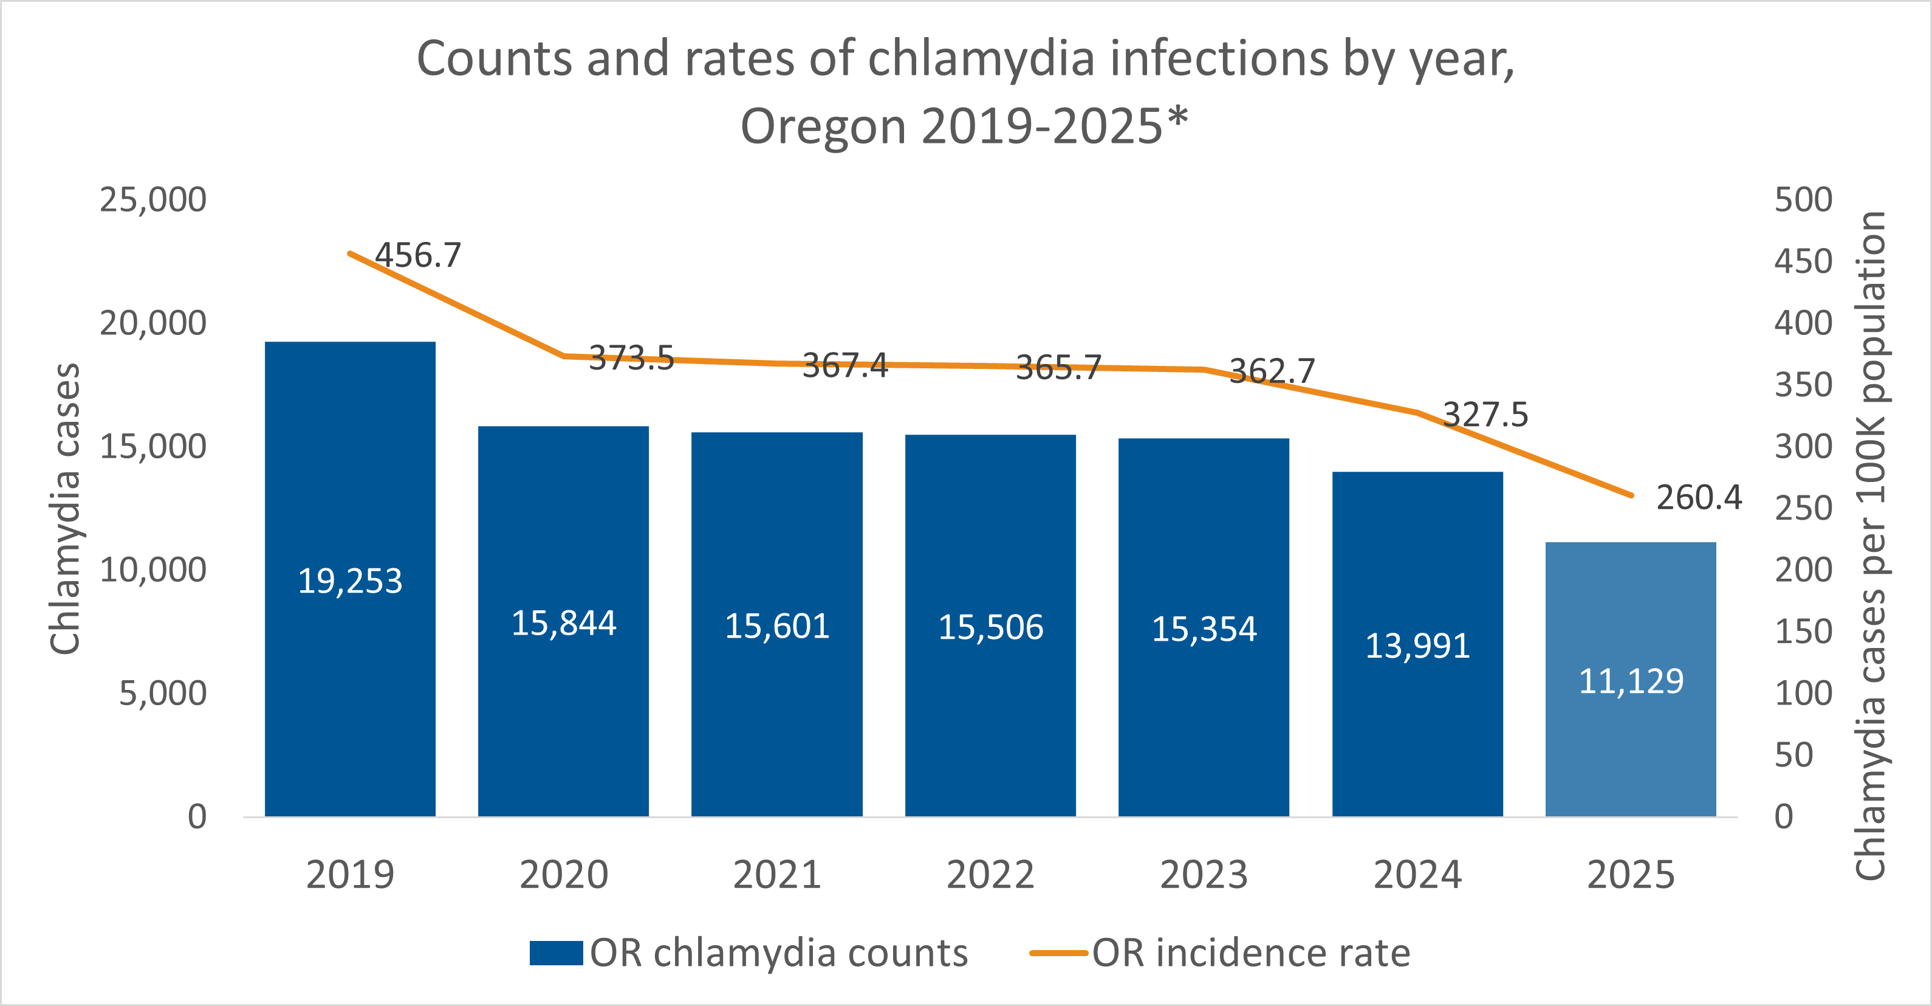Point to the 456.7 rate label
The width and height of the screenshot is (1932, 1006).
pyautogui.click(x=418, y=256)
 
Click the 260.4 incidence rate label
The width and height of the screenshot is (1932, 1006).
pyautogui.click(x=1699, y=498)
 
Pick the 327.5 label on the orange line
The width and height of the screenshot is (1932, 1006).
pyautogui.click(x=1485, y=415)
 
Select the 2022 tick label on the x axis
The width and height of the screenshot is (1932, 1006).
pyautogui.click(x=990, y=875)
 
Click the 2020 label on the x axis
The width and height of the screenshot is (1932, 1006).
pyautogui.click(x=563, y=875)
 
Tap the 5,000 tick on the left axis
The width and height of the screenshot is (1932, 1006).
pyautogui.click(x=162, y=693)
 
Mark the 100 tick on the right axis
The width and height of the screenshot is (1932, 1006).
pyautogui.click(x=1803, y=693)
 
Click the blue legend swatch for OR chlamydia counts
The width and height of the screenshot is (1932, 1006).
pyautogui.click(x=556, y=953)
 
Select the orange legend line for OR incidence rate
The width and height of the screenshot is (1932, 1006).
pyautogui.click(x=1058, y=953)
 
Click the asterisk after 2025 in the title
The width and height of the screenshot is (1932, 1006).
pyautogui.click(x=1178, y=116)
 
